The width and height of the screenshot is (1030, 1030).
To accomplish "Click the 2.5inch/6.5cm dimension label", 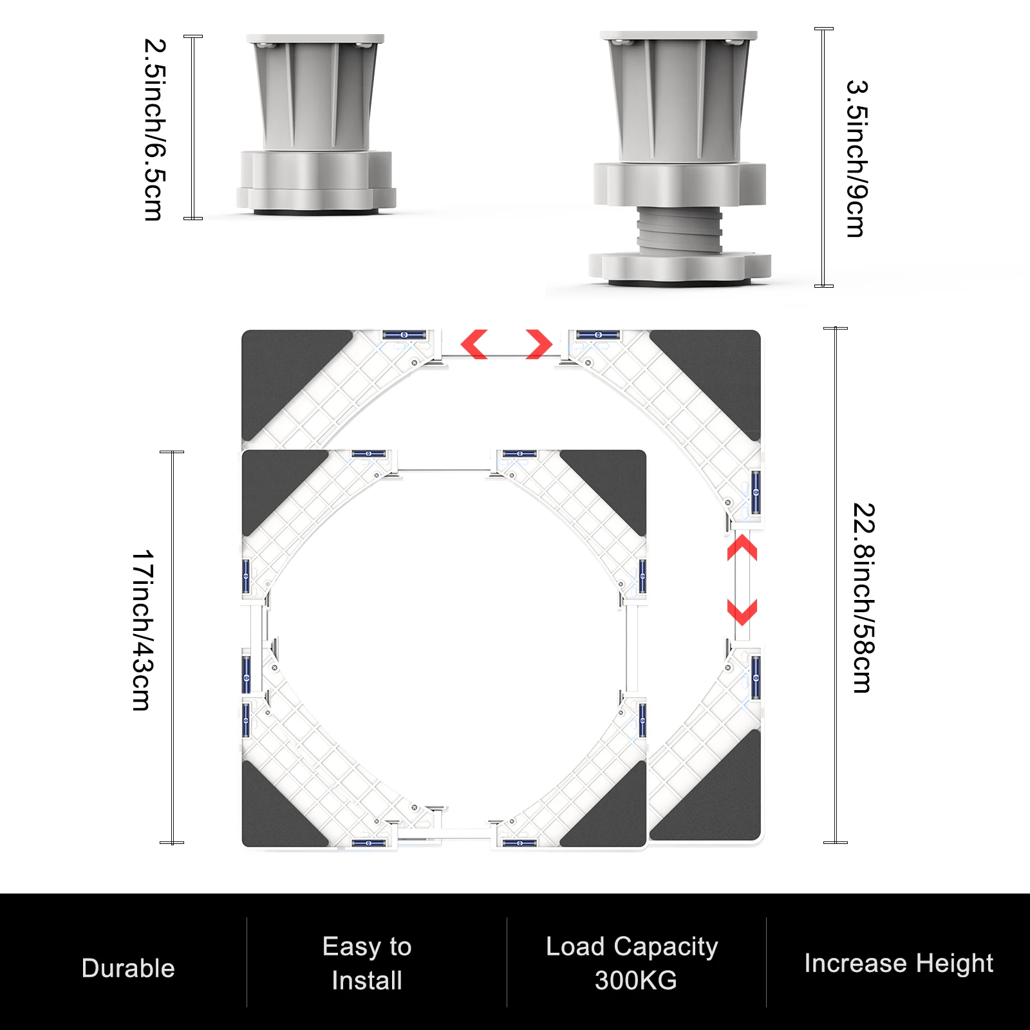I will pyautogui.click(x=154, y=129).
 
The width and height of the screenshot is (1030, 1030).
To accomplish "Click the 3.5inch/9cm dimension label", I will pyautogui.click(x=857, y=158).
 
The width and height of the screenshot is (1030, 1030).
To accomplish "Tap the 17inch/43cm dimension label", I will pyautogui.click(x=142, y=630).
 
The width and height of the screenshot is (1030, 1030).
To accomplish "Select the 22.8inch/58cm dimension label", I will pyautogui.click(x=863, y=597).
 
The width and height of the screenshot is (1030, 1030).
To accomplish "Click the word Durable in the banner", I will pyautogui.click(x=128, y=968).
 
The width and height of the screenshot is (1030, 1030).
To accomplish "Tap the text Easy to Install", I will pyautogui.click(x=367, y=963).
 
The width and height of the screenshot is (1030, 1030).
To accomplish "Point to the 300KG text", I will pyautogui.click(x=635, y=980).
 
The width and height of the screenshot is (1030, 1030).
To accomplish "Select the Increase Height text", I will pyautogui.click(x=898, y=963).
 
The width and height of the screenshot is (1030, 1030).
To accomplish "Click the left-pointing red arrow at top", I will pyautogui.click(x=474, y=344).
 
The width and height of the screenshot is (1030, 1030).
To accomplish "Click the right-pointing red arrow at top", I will pyautogui.click(x=539, y=344).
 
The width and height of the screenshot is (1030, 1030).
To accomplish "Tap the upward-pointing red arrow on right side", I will pyautogui.click(x=742, y=548).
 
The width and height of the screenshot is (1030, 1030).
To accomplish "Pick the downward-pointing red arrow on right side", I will pyautogui.click(x=742, y=612).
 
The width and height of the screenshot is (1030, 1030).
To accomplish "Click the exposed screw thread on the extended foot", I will pyautogui.click(x=679, y=230).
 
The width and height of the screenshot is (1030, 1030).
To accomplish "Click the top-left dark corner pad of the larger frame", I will pyautogui.click(x=283, y=373).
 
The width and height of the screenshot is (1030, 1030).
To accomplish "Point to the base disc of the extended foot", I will pyautogui.click(x=679, y=267).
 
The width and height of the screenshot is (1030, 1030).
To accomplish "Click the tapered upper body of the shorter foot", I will pyautogui.click(x=315, y=97).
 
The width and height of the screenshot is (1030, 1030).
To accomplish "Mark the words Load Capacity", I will pyautogui.click(x=632, y=946).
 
